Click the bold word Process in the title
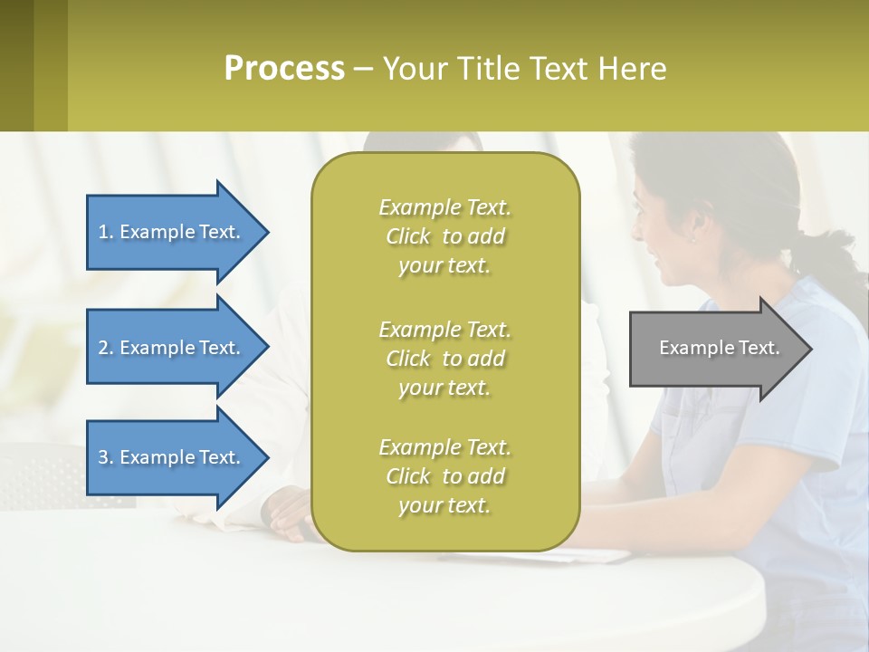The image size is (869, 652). tap(284, 69)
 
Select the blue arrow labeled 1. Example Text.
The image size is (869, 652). tap(172, 232)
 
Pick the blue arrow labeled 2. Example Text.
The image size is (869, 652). tap(172, 348)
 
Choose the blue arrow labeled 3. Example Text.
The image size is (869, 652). tap(172, 457)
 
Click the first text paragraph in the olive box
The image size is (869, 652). tap(444, 236)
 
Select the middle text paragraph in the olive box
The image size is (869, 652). tap(444, 359)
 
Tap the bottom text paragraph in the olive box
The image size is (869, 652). tap(444, 476)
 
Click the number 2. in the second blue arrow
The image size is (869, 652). tap(106, 348)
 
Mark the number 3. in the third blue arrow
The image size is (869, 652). tap(106, 457)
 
